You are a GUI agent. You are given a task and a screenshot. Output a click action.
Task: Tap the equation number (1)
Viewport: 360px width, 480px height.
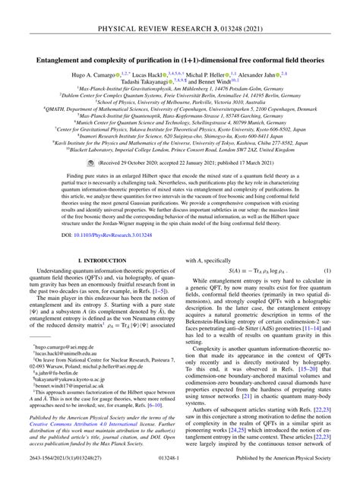(327, 271)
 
